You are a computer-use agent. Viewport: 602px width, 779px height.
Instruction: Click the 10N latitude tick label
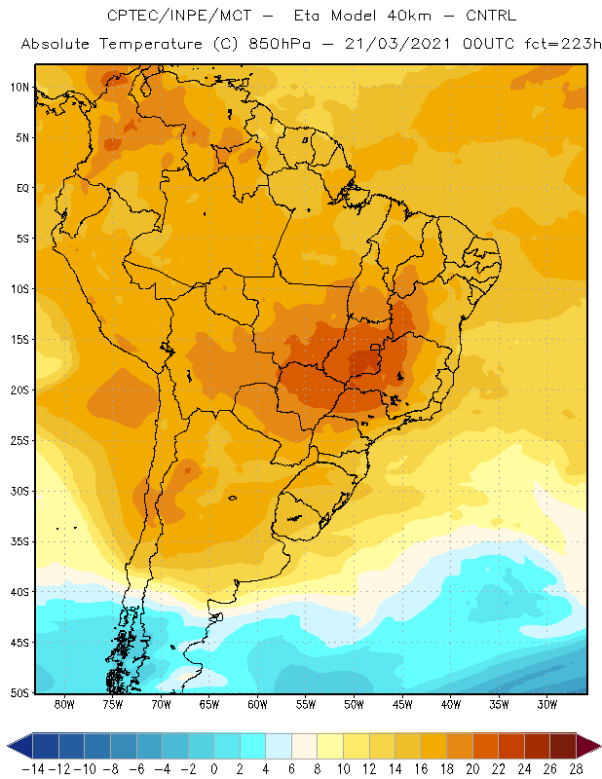(x=19, y=88)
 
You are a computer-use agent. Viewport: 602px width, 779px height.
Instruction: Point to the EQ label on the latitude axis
(x=22, y=188)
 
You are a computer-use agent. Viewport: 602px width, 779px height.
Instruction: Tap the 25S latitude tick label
(x=19, y=441)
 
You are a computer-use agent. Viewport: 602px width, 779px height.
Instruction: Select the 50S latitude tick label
(x=19, y=693)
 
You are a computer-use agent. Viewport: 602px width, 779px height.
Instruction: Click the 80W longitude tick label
(x=64, y=704)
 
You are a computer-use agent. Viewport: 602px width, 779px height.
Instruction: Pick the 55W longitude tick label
(x=306, y=704)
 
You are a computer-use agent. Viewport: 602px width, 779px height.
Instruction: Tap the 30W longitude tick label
(x=547, y=704)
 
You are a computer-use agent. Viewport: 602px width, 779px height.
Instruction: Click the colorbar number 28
(x=576, y=769)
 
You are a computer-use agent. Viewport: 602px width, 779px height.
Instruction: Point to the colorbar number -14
(x=33, y=769)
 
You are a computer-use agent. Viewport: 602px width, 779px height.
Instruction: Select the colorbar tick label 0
(x=213, y=769)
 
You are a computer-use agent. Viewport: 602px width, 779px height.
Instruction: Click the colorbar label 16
(x=421, y=769)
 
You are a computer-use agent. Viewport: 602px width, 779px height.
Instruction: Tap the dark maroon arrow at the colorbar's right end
(x=588, y=746)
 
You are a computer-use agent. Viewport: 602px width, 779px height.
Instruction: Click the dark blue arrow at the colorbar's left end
(x=19, y=746)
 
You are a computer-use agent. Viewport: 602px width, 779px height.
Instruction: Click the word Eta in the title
(x=307, y=16)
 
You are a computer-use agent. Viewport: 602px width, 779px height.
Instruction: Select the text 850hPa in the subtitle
(x=280, y=44)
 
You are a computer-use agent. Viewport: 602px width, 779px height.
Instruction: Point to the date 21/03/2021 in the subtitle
(x=397, y=44)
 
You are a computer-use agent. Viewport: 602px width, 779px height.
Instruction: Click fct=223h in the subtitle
(x=563, y=44)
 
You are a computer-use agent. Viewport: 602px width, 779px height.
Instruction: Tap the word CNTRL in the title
(x=491, y=16)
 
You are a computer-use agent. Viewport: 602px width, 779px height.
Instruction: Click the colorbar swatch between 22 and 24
(x=511, y=746)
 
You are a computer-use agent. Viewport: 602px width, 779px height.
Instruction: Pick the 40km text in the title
(x=409, y=16)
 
